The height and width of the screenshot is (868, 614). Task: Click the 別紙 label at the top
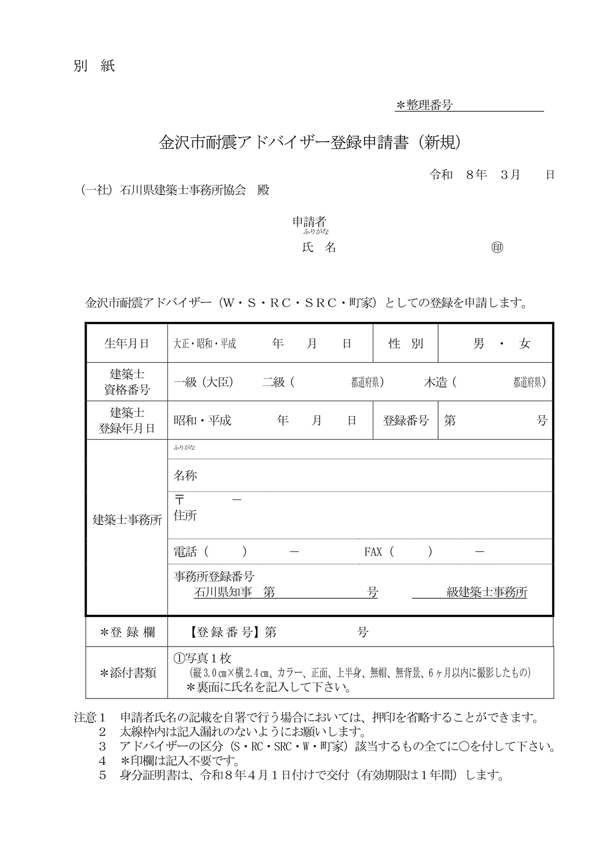coord(94,66)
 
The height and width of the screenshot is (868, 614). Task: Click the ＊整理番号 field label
coord(424,105)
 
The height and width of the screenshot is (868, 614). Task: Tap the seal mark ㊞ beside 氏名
coord(497,248)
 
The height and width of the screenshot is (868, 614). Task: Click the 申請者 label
coord(310,220)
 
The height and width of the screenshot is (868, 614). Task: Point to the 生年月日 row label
coord(127,344)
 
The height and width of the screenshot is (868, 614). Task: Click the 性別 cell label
coord(406,344)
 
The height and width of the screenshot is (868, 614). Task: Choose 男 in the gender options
coord(478,344)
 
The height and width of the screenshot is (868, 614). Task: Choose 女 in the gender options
coord(524,344)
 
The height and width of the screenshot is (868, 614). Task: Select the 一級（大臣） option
coord(203,382)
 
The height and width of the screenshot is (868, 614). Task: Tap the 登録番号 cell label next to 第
coord(406,421)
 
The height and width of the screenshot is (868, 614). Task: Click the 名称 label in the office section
coord(185,475)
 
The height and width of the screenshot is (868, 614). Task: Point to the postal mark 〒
coord(179,501)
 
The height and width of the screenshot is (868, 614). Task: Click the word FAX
coord(373,552)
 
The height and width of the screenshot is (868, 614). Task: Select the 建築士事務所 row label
coord(127,520)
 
